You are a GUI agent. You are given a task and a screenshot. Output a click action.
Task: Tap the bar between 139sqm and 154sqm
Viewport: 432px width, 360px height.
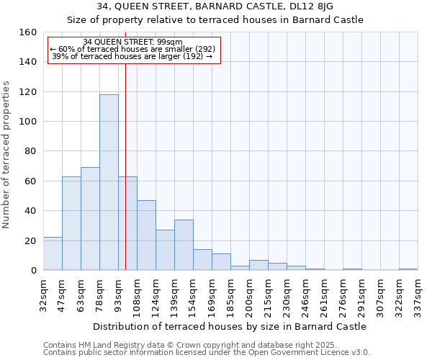pyautogui.click(x=184, y=245)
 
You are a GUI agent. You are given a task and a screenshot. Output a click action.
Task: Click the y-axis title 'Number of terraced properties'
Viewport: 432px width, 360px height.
pyautogui.click(x=7, y=155)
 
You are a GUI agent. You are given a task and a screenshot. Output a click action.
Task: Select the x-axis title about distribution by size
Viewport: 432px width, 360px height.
pyautogui.click(x=230, y=326)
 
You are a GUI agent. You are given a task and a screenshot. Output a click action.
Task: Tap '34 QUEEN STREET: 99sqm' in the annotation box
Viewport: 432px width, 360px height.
pyautogui.click(x=132, y=42)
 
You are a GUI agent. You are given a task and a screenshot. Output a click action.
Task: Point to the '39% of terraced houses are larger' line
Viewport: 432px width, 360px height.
pyautogui.click(x=132, y=56)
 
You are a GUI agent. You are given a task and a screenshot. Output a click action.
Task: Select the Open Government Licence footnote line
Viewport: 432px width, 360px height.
pyautogui.click(x=206, y=353)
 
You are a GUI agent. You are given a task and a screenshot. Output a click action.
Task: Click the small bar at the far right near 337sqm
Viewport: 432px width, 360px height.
pyautogui.click(x=408, y=269)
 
